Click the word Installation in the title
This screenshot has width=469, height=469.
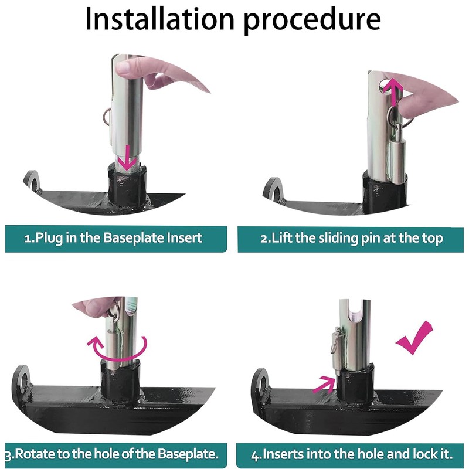159,19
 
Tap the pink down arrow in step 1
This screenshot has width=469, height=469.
127,158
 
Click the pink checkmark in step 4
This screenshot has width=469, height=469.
414,338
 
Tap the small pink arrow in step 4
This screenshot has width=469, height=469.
325,384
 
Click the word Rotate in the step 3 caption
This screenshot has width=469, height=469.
35,454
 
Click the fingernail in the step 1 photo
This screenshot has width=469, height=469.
123,68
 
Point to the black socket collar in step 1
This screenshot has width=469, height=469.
127,185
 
